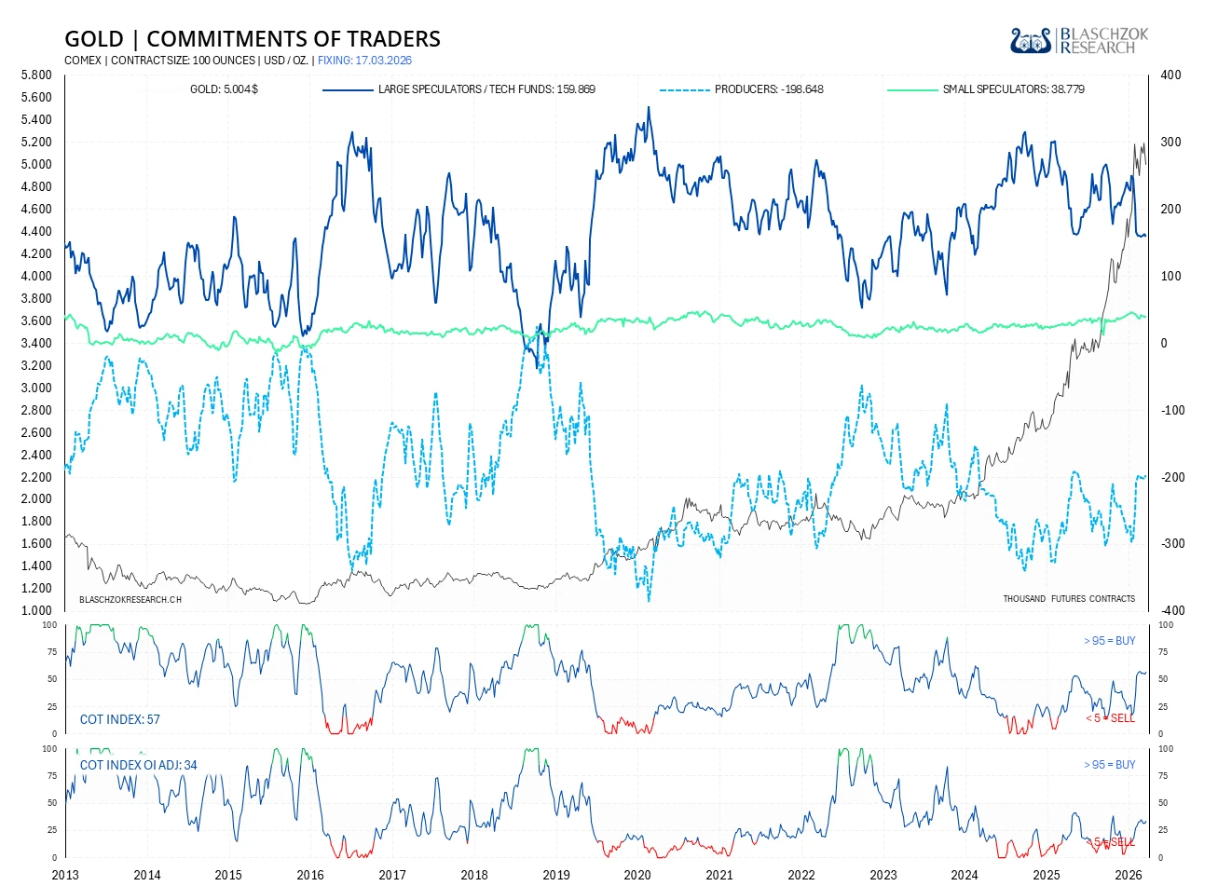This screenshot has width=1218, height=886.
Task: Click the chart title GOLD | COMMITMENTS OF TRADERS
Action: tap(253, 39)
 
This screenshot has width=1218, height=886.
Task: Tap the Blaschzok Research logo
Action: tap(1079, 40)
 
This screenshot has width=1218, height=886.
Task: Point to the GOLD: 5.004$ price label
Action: tap(224, 89)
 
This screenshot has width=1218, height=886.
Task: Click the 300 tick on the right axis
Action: tap(1170, 143)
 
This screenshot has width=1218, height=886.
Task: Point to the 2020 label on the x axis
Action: tap(637, 875)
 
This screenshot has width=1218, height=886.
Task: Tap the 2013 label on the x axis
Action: tap(65, 875)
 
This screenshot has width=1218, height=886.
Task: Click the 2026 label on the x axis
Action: tap(1128, 875)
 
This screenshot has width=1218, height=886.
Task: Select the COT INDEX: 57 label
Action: tap(120, 719)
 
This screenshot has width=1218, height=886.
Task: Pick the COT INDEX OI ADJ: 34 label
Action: tap(139, 765)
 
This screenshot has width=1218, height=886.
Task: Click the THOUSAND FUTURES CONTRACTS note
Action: tap(1069, 599)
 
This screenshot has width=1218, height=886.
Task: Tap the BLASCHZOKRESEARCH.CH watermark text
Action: tap(130, 599)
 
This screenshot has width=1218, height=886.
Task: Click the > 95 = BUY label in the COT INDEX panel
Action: tap(1109, 641)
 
